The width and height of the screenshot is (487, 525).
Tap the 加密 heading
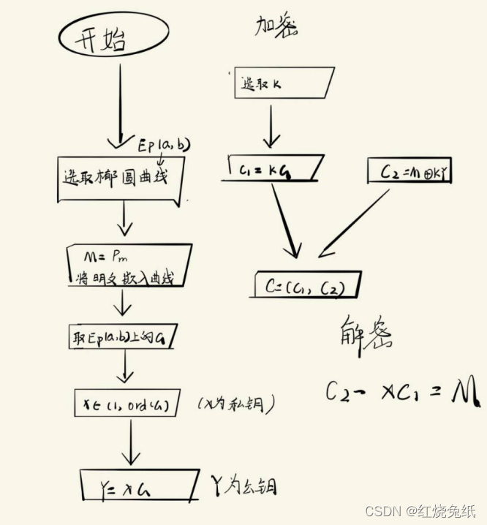pyautogui.click(x=276, y=26)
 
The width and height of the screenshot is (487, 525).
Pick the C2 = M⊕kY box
pyautogui.click(x=412, y=173)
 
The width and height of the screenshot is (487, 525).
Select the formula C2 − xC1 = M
pyautogui.click(x=402, y=392)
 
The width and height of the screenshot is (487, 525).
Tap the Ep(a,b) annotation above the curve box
pyautogui.click(x=163, y=144)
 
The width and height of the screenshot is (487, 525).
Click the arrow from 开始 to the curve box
pyautogui.click(x=120, y=102)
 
